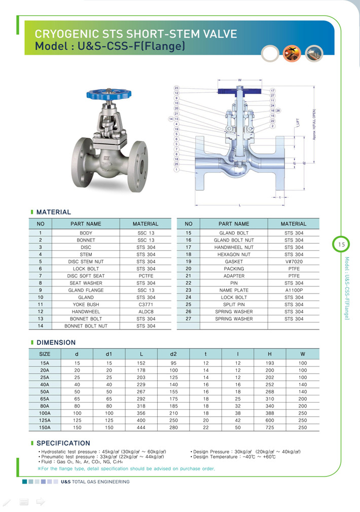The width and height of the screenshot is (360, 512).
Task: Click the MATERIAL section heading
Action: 54,212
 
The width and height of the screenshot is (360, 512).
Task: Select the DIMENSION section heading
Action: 56,343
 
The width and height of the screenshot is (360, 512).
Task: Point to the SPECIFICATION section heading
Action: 63,443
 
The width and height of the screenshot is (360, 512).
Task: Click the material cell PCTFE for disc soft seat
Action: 146,276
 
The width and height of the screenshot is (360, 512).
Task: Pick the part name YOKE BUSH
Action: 86,304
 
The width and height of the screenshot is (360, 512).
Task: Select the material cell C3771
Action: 146,304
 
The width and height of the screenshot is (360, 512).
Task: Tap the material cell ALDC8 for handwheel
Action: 146,311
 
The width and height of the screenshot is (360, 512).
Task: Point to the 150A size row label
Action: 45,427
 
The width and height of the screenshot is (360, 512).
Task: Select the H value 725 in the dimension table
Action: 269,427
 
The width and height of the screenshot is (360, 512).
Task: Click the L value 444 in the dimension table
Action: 141,427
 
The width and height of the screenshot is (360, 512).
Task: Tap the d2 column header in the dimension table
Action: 173,354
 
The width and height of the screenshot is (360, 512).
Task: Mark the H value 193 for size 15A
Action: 269,363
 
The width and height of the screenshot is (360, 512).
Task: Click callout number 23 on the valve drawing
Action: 176,88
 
